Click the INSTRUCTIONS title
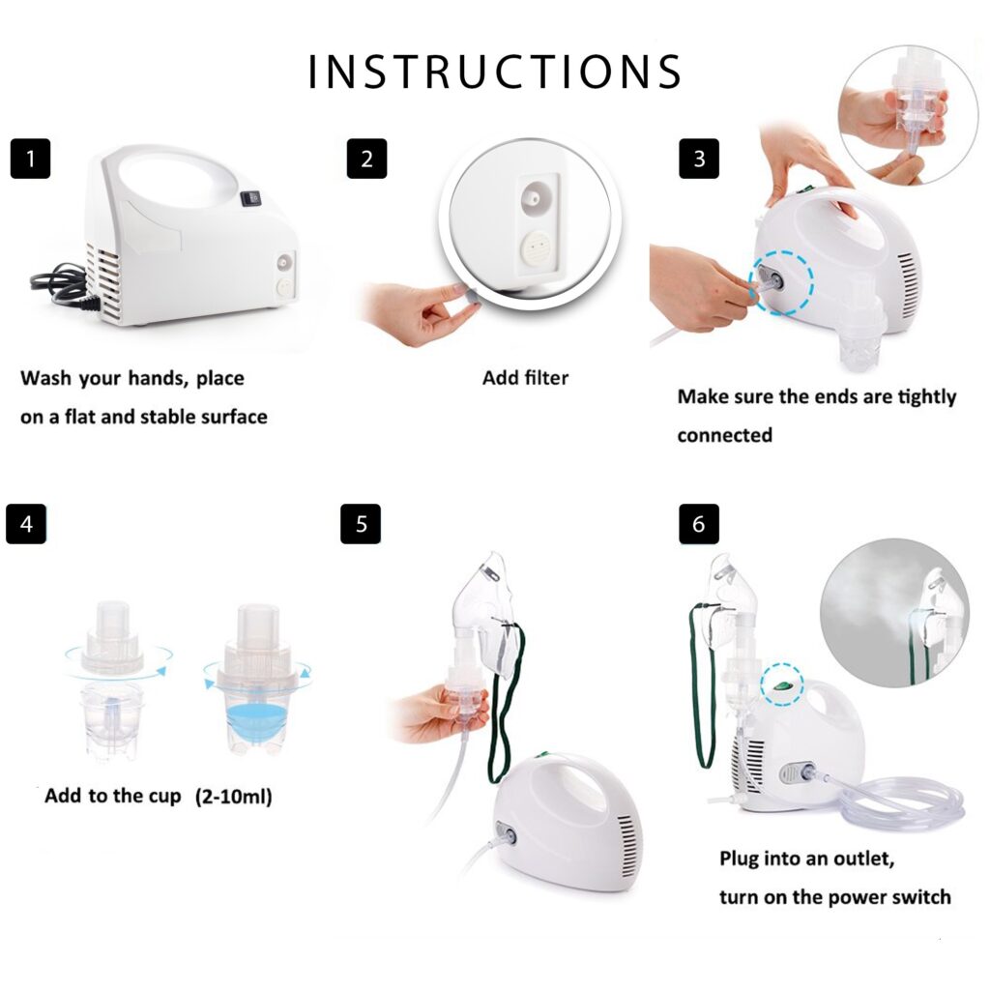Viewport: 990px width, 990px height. (495, 73)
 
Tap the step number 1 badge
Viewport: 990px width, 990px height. (30, 160)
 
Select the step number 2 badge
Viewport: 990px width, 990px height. (366, 160)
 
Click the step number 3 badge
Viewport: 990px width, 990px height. (699, 160)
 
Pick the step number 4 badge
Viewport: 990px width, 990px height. (26, 524)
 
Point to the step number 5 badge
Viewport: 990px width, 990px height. (361, 524)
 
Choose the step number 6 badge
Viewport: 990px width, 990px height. (699, 524)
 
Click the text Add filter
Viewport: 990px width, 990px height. (525, 378)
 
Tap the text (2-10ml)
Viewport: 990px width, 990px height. (234, 798)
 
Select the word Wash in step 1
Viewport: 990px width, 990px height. (46, 378)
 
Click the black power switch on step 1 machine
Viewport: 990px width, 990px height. (251, 199)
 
